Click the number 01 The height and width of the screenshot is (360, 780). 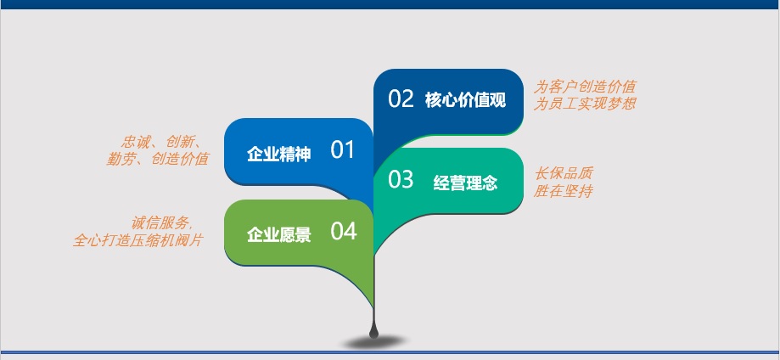342,150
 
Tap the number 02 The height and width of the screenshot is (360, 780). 401,98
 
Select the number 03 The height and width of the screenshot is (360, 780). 401,179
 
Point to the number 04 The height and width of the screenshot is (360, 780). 344,231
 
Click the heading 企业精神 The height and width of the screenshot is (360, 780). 279,154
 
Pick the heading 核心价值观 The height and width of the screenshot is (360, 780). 466,100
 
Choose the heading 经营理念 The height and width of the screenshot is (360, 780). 466,183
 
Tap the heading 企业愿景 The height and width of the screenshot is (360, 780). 279,234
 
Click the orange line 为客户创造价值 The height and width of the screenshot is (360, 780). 585,87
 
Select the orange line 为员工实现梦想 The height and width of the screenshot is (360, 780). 585,104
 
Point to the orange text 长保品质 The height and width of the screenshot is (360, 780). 564,174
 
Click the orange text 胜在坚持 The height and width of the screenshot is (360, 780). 563,191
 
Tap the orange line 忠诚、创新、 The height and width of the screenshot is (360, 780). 161,142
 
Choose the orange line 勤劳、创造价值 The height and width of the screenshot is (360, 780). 158,159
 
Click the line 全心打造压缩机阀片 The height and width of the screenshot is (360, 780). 138,240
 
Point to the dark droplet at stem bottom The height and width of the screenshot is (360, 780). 373,330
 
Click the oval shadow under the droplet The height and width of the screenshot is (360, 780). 374,342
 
